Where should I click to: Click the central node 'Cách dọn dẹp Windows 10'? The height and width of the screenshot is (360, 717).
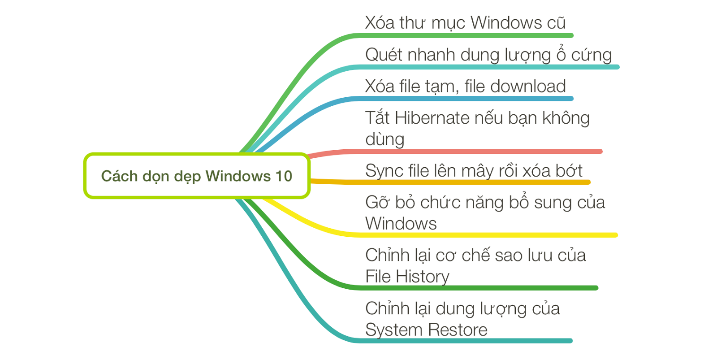click(196, 176)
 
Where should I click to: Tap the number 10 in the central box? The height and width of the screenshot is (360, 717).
click(284, 176)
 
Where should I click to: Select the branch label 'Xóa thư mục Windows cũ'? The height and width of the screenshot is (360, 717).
click(465, 23)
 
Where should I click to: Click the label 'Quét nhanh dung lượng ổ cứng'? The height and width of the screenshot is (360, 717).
click(488, 55)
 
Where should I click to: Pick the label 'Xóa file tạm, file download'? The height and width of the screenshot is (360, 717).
click(465, 86)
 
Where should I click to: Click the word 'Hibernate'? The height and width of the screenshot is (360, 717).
click(432, 118)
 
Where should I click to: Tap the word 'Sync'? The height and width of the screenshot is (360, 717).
click(380, 171)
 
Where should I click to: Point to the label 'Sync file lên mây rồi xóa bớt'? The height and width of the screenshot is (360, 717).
click(473, 171)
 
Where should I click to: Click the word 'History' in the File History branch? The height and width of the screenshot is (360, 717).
click(423, 277)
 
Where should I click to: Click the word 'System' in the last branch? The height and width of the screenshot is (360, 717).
click(392, 330)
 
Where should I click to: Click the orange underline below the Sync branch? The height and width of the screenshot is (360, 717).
click(471, 182)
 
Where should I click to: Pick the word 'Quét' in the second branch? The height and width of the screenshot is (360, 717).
click(381, 55)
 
